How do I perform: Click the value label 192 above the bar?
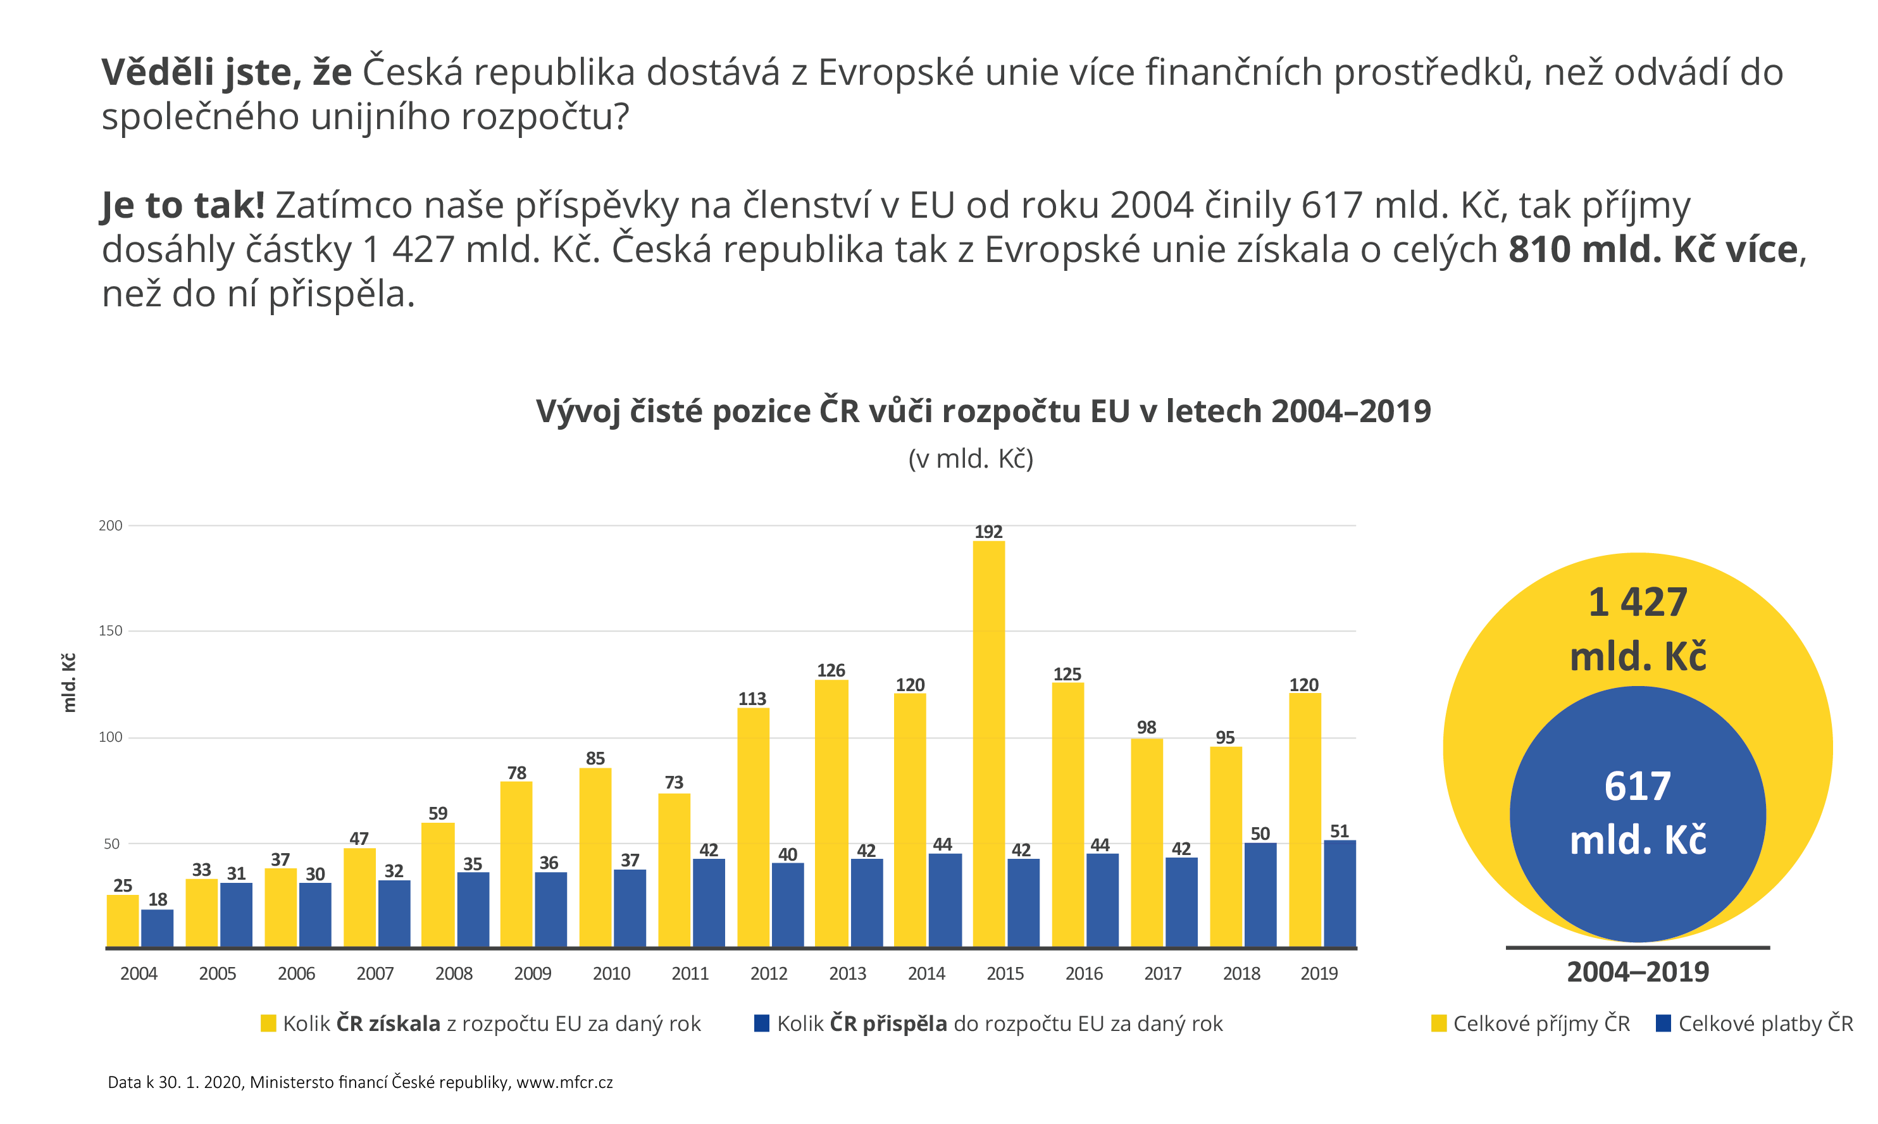(988, 532)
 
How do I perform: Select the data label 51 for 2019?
(1339, 831)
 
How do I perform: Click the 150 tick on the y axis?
(111, 630)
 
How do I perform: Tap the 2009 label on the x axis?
(532, 973)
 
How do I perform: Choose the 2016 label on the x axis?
(1084, 973)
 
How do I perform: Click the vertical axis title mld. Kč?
(69, 682)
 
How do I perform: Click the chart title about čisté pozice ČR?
(983, 411)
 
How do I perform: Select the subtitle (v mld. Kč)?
(970, 458)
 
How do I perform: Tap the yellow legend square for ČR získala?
(268, 1023)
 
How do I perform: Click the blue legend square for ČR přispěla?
(762, 1023)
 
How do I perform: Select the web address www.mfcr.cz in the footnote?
(564, 1082)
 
